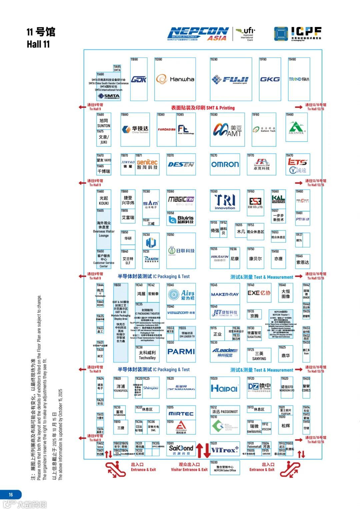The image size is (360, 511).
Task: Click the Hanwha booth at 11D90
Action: (x=175, y=79)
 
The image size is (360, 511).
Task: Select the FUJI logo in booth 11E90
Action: (x=230, y=80)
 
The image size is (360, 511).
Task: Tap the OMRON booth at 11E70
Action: (x=225, y=164)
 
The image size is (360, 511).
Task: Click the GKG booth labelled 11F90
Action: (x=270, y=79)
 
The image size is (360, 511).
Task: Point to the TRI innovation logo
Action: (x=225, y=201)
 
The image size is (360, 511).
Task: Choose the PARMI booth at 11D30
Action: (x=181, y=351)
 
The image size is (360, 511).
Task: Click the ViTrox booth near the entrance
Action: (x=225, y=450)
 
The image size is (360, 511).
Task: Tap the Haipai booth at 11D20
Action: (x=224, y=388)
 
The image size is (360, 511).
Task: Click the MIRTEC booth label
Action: (x=181, y=413)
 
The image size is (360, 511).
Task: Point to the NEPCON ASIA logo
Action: (x=198, y=34)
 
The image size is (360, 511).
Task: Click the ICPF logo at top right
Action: (x=298, y=34)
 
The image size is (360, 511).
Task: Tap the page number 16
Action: (x=11, y=495)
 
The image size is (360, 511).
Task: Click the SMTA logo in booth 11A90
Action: (x=109, y=96)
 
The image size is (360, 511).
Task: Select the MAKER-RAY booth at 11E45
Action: (x=225, y=294)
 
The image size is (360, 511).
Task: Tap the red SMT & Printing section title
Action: (x=203, y=108)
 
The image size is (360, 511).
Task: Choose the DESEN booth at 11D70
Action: (x=181, y=164)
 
